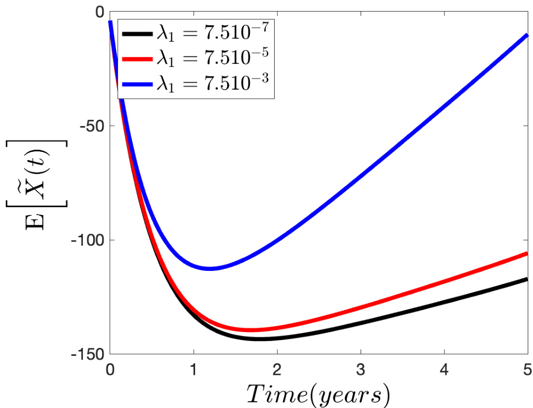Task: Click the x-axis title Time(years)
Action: coord(319,393)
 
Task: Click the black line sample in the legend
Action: coord(137,35)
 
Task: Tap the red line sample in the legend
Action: coord(137,59)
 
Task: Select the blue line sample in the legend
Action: coord(137,84)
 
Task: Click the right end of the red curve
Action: coord(527,254)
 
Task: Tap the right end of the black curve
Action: coord(527,278)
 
